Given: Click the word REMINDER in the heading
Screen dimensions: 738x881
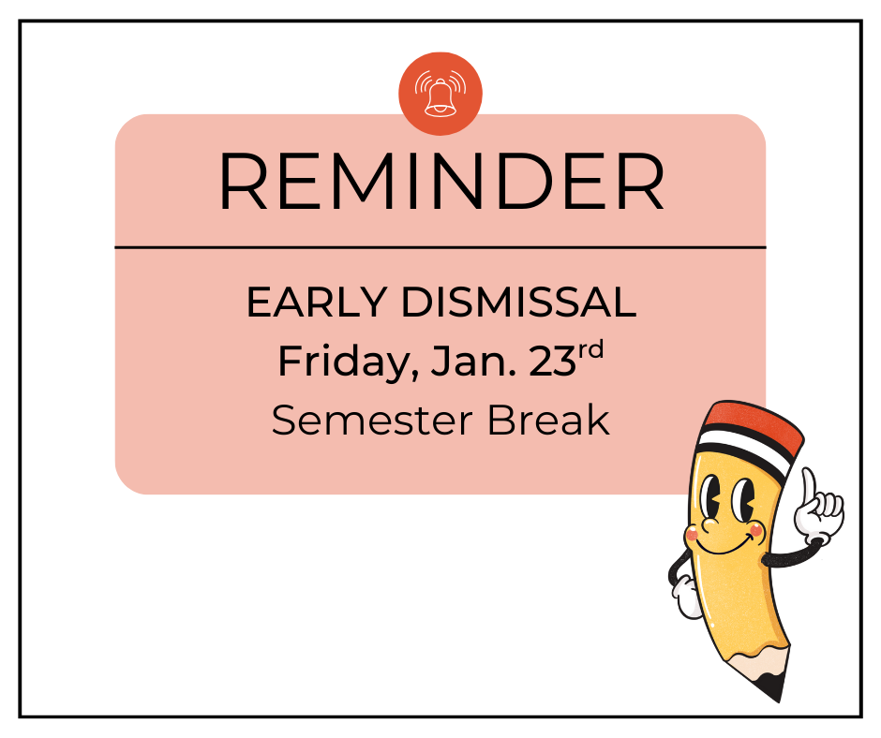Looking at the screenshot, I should coord(440,182).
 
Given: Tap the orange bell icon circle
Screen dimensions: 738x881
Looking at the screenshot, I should coord(440,95).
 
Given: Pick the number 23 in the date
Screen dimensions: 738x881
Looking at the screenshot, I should coord(551,362).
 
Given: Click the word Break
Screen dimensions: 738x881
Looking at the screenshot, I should coord(548,421).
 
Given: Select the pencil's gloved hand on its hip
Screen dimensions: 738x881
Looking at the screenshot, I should coord(686,597).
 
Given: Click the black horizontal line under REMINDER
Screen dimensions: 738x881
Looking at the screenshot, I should coord(440,248).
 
